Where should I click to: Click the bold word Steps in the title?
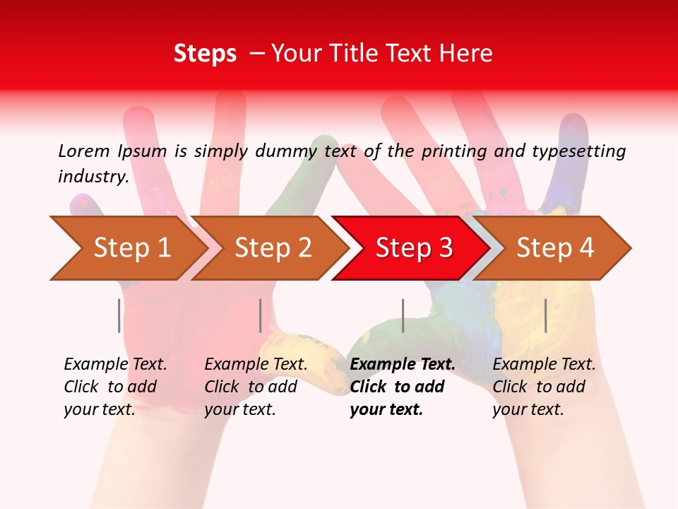coord(205,54)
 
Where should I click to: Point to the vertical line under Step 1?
coord(119,315)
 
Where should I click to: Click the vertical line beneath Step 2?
coord(261,315)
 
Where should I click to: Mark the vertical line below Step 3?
coord(403,315)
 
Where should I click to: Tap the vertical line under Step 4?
coord(545,315)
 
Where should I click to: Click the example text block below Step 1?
coord(115,387)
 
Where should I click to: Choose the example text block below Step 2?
coord(256,387)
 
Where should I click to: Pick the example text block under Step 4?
coord(544,387)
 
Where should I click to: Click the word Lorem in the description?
coord(84,151)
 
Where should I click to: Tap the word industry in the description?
coord(93,177)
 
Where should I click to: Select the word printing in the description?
coord(455,151)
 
